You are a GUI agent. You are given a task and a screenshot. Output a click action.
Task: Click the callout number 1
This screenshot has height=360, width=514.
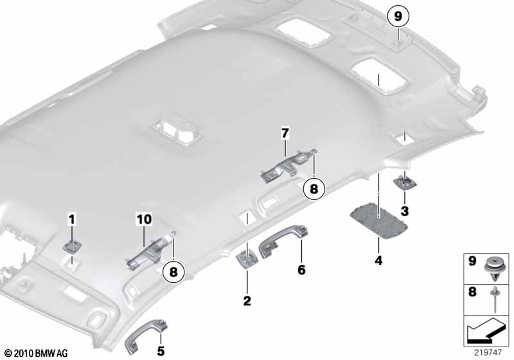(x=71, y=219)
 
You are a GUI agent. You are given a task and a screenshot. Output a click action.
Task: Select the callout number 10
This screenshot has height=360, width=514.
(x=144, y=219)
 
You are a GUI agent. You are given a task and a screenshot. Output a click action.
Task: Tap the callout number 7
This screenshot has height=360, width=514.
(x=285, y=133)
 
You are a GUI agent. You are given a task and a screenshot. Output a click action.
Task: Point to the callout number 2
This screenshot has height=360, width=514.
(x=247, y=301)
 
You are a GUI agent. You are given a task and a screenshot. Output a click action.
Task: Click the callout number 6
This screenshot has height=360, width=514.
(x=301, y=270)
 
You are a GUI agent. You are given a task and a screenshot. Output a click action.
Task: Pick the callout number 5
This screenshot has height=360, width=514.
(x=161, y=351)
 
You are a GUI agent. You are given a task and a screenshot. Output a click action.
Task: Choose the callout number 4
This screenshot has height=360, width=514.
(x=378, y=260)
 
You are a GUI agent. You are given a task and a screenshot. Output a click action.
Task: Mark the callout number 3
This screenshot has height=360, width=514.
(x=405, y=211)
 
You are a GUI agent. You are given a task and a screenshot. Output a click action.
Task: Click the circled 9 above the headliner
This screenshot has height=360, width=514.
(x=398, y=15)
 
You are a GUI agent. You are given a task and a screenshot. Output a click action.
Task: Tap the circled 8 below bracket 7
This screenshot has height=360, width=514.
(x=314, y=188)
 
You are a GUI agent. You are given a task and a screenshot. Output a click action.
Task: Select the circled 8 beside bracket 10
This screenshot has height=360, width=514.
(x=173, y=272)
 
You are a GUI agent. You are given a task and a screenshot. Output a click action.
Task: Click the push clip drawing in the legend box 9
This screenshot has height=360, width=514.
(x=494, y=269)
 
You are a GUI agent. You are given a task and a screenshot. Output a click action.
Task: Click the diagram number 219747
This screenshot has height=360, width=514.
(x=488, y=352)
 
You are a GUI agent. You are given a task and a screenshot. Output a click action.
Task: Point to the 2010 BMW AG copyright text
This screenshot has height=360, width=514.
(x=37, y=353)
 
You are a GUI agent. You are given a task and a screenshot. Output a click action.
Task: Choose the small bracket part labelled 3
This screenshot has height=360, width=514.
(x=405, y=182)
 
